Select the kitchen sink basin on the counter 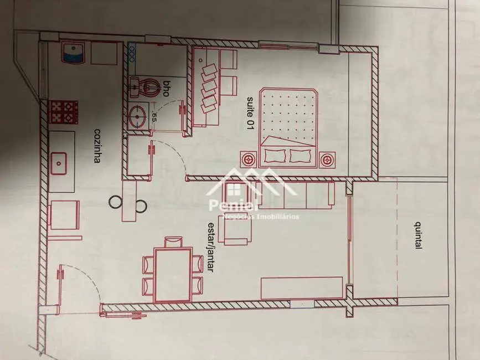coord(58,162)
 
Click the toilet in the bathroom coord(143,86)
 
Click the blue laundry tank coord(72,53)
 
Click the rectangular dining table coord(173,275)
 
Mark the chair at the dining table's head coord(173,242)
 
